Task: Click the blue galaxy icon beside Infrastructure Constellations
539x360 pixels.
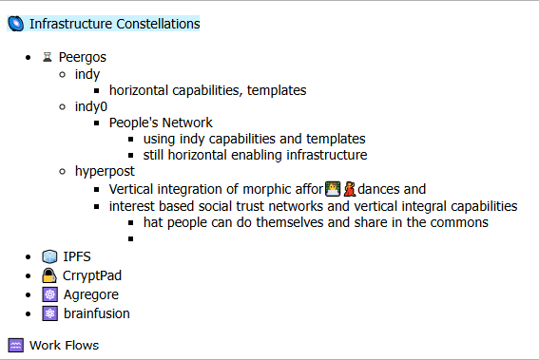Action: click(x=16, y=24)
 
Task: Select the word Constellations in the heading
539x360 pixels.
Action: click(x=158, y=24)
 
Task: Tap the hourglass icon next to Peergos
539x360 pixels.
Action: click(x=48, y=57)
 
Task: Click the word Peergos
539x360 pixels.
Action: click(x=82, y=57)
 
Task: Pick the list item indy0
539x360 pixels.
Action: click(x=91, y=106)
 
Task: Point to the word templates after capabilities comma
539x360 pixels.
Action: click(x=277, y=90)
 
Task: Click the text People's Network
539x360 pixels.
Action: click(x=161, y=123)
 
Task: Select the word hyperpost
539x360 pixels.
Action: click(x=105, y=171)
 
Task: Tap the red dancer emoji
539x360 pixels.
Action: click(x=350, y=189)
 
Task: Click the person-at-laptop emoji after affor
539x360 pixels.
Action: click(x=333, y=189)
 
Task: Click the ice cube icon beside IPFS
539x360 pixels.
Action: click(x=49, y=256)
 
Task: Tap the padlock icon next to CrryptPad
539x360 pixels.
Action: click(x=49, y=275)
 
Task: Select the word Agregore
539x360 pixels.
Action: click(x=91, y=294)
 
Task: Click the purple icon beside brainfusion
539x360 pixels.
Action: click(x=49, y=313)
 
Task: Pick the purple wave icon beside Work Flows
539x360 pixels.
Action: click(x=16, y=345)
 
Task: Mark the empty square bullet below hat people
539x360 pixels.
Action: click(x=130, y=238)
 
